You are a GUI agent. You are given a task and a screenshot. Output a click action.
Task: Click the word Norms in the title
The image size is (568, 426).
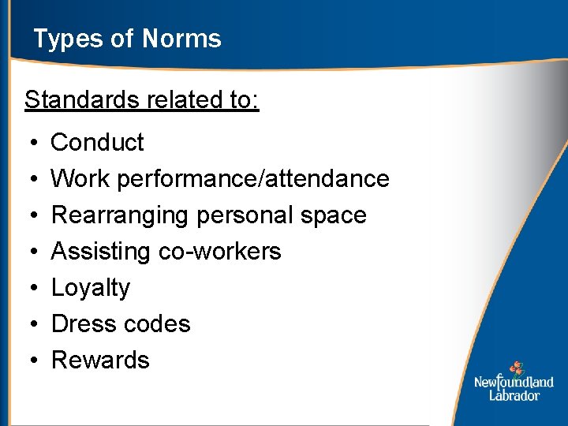[182, 39]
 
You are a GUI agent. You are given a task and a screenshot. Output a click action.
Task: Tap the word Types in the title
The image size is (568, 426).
[61, 39]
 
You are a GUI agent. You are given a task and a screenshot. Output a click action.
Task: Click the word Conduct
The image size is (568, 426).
[97, 143]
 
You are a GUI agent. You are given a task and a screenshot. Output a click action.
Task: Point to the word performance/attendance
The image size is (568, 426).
[253, 179]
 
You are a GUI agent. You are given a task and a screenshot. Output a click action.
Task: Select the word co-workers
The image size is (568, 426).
[220, 252]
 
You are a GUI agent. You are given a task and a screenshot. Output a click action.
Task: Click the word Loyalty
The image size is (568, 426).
[90, 288]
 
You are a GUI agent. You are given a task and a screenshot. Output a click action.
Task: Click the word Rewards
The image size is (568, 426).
[100, 361]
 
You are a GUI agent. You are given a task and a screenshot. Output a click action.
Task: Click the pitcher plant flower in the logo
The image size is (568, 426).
[516, 368]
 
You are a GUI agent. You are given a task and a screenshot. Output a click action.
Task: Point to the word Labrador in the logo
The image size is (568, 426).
[514, 395]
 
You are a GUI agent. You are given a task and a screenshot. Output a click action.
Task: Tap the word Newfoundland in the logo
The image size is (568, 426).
[514, 383]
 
